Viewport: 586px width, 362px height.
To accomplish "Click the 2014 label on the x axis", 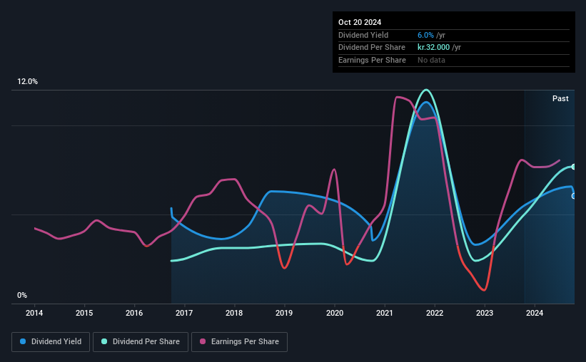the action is [x=34, y=313].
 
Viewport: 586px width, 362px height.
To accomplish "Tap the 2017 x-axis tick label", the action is [x=184, y=313].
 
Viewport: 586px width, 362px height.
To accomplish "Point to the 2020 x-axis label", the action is [x=335, y=313].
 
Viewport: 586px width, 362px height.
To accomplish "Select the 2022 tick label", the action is [x=435, y=313].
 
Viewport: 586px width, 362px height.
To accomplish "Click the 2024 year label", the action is [x=535, y=313].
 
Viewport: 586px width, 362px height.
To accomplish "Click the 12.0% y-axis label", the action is [x=27, y=81].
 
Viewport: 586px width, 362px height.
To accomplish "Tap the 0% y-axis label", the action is [x=22, y=295].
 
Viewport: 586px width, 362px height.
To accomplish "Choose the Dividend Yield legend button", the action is [x=51, y=342].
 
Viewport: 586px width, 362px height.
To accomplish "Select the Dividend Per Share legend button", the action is [x=141, y=342].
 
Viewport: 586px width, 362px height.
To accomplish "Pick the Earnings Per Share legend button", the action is [x=239, y=342].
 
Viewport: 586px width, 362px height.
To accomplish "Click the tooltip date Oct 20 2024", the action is [x=360, y=22].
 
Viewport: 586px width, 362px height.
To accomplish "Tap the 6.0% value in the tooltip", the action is [x=425, y=35].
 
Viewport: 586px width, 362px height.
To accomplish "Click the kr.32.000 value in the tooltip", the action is [x=433, y=48].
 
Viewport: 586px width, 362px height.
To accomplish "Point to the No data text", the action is [x=431, y=60].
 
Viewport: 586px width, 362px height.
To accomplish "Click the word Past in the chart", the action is [x=560, y=98].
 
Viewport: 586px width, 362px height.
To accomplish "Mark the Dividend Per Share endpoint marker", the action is [x=574, y=167].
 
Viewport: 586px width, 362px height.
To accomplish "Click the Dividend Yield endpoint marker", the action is [x=574, y=196].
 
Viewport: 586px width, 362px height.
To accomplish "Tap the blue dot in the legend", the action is [x=23, y=341].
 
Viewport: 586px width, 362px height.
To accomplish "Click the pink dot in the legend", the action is [x=203, y=341].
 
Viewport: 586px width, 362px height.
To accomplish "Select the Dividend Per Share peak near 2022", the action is [x=426, y=90].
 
